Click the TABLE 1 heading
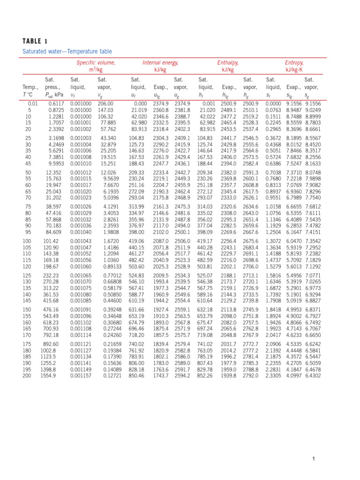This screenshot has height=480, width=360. [35, 40]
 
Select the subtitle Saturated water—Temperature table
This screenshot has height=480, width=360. [67, 51]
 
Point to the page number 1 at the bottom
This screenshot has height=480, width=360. [314, 458]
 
